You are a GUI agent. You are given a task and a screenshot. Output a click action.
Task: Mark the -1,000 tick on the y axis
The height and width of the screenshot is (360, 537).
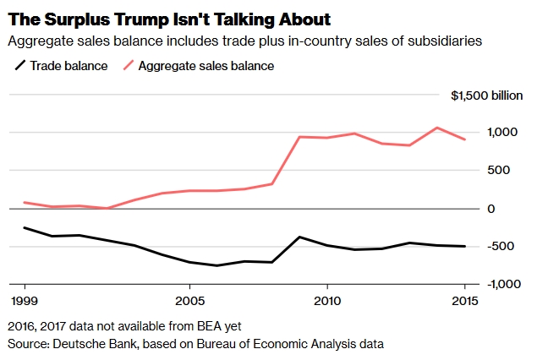(495, 284)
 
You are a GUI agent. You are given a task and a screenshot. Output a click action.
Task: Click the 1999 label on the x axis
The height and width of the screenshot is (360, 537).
(25, 301)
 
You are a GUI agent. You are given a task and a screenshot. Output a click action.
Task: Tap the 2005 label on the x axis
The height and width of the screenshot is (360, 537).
(190, 301)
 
